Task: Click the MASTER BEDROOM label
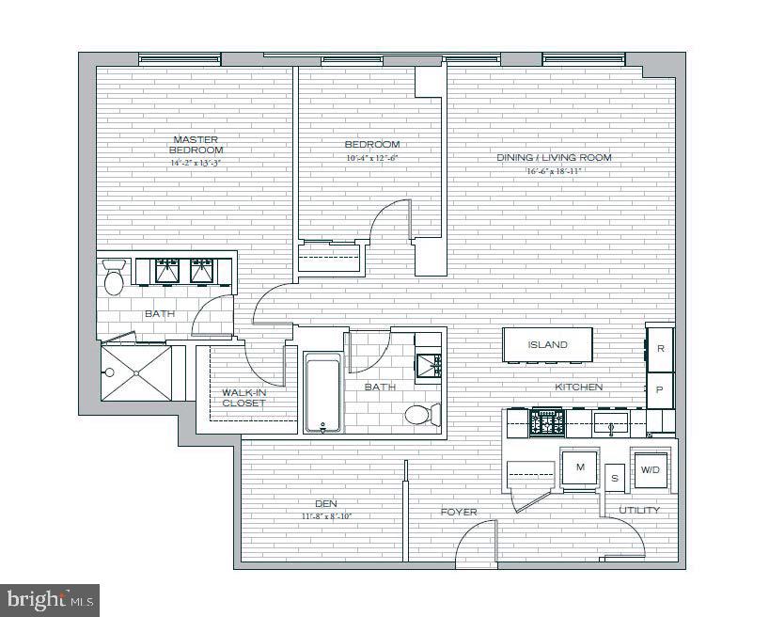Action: pyautogui.click(x=196, y=145)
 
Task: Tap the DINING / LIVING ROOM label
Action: pyautogui.click(x=554, y=157)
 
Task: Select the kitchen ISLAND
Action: pyautogui.click(x=547, y=344)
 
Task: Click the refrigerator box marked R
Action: pyautogui.click(x=661, y=348)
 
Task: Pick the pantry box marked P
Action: pyautogui.click(x=661, y=388)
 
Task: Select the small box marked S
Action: pyautogui.click(x=615, y=478)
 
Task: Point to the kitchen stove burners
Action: pyautogui.click(x=546, y=421)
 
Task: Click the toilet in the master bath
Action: pyautogui.click(x=115, y=280)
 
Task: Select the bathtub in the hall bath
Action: pyautogui.click(x=322, y=392)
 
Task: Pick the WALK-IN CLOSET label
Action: pyautogui.click(x=243, y=398)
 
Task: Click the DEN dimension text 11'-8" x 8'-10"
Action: pyautogui.click(x=327, y=515)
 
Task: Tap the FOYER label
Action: pyautogui.click(x=459, y=513)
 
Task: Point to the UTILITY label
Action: pyautogui.click(x=639, y=510)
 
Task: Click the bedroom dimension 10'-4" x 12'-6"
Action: pyautogui.click(x=371, y=157)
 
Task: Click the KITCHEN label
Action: pyautogui.click(x=578, y=387)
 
